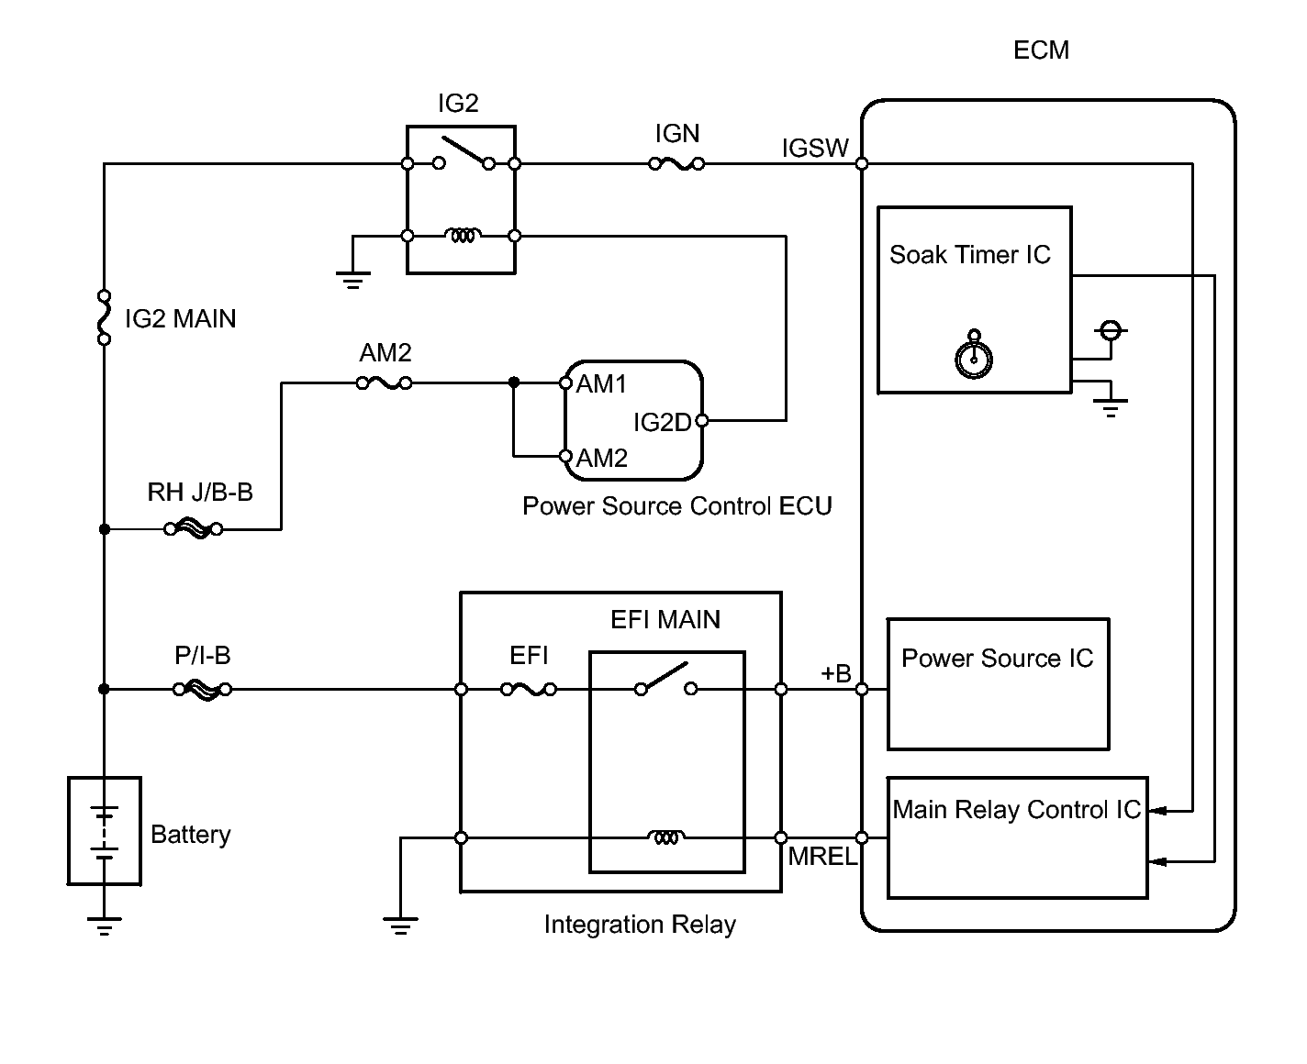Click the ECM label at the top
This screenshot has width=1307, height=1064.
(x=1041, y=50)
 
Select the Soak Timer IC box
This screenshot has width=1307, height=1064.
(x=974, y=300)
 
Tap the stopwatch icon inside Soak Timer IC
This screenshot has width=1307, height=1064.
(x=974, y=357)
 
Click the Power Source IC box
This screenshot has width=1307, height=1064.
(x=998, y=684)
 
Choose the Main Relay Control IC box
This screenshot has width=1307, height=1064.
(x=1017, y=837)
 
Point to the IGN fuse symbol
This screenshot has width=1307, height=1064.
(x=676, y=164)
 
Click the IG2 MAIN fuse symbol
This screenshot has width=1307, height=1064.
(x=105, y=317)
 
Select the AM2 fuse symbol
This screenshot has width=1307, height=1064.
(x=384, y=383)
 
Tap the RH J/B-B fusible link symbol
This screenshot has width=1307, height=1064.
(x=193, y=529)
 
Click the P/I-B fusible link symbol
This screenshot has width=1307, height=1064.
(x=202, y=689)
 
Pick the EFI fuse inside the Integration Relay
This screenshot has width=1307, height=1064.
(x=528, y=689)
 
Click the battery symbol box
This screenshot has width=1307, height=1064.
(x=105, y=831)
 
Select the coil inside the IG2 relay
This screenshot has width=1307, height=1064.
(x=461, y=236)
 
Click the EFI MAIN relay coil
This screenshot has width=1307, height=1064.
(x=666, y=837)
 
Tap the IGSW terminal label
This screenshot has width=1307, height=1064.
(x=815, y=149)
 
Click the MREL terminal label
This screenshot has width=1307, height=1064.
(x=822, y=857)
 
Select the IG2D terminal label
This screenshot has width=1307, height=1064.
(x=662, y=423)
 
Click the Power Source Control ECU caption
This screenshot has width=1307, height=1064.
(x=676, y=506)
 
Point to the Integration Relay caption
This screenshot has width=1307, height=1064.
(x=640, y=925)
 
